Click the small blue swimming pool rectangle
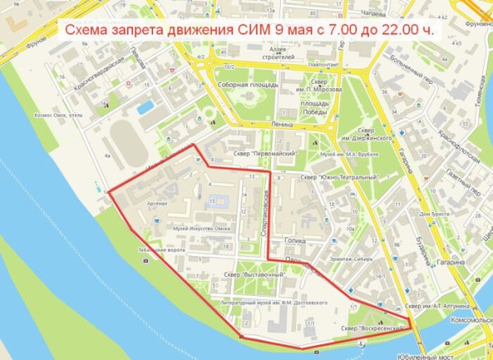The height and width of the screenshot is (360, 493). (x=145, y=107)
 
